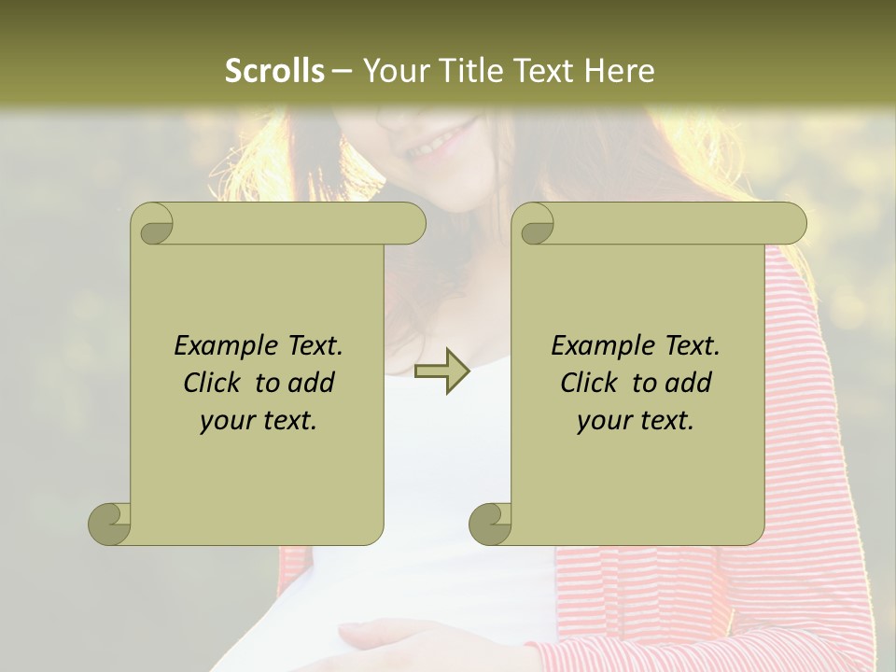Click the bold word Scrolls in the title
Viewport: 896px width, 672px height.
[274, 71]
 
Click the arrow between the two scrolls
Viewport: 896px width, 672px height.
[441, 371]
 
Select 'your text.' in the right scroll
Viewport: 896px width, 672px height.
[636, 421]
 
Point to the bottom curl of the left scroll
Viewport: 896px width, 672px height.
[110, 524]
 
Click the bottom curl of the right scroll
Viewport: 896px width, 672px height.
[491, 524]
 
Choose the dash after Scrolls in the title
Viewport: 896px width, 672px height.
[342, 71]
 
